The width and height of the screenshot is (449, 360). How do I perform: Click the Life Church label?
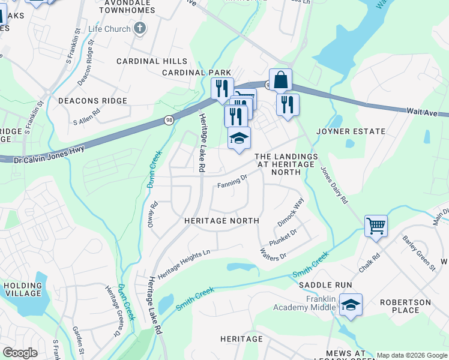coord(109,28)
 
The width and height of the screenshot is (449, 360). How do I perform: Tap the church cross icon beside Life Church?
coord(140,28)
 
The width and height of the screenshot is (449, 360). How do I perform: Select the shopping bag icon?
coord(280,80)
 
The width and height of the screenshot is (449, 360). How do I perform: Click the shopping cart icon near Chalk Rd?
coord(376,226)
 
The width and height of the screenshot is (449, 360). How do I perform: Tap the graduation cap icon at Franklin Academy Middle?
coord(351,305)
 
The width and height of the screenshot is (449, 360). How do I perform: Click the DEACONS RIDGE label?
coord(92,101)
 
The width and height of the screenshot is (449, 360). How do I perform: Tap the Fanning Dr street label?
coord(232,179)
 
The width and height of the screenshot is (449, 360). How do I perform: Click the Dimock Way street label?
coord(291,213)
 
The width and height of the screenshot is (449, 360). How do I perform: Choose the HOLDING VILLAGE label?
coord(23,290)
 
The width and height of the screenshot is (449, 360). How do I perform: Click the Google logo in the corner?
coord(20,352)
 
